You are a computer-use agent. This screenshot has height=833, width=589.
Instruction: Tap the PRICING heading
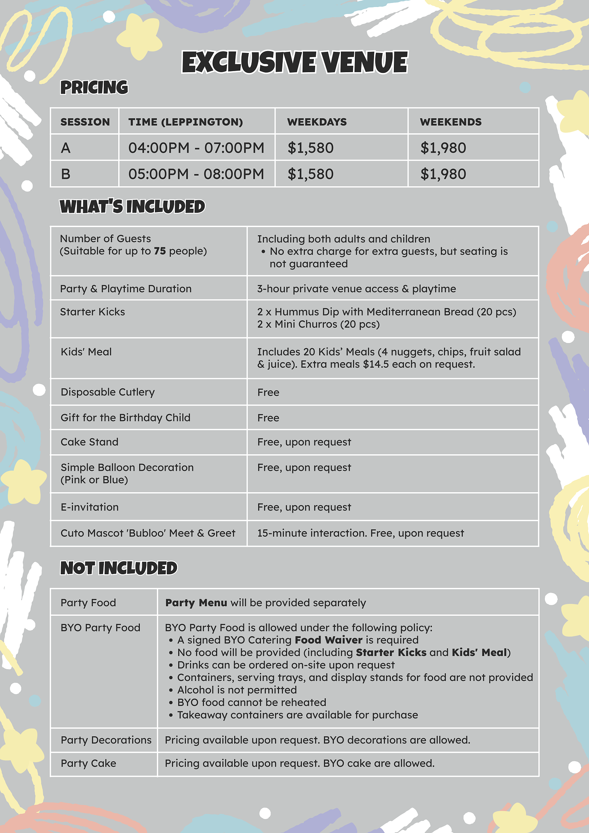94,88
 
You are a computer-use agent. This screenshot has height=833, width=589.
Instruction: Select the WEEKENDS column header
451,122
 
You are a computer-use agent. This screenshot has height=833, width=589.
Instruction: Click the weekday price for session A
310,148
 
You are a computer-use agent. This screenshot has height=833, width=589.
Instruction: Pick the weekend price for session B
443,174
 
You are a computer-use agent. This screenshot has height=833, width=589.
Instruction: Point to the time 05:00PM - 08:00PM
196,174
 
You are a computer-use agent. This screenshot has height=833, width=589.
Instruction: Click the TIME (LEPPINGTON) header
186,122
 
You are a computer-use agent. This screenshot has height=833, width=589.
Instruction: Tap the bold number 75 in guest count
160,251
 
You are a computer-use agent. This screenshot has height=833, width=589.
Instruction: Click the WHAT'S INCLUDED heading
132,207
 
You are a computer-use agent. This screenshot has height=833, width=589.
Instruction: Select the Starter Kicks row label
92,312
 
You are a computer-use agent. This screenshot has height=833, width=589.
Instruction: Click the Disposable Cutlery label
107,392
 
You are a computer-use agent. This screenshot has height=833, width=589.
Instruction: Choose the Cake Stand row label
89,442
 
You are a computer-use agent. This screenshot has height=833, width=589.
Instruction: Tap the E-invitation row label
89,507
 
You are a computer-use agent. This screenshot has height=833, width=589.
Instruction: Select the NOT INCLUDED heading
119,568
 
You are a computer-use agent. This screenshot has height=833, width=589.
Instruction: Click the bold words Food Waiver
328,640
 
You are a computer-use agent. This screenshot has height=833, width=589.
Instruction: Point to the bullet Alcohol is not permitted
237,690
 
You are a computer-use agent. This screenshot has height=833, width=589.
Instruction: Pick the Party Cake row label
88,763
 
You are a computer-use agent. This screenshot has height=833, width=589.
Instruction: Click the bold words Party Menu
196,603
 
